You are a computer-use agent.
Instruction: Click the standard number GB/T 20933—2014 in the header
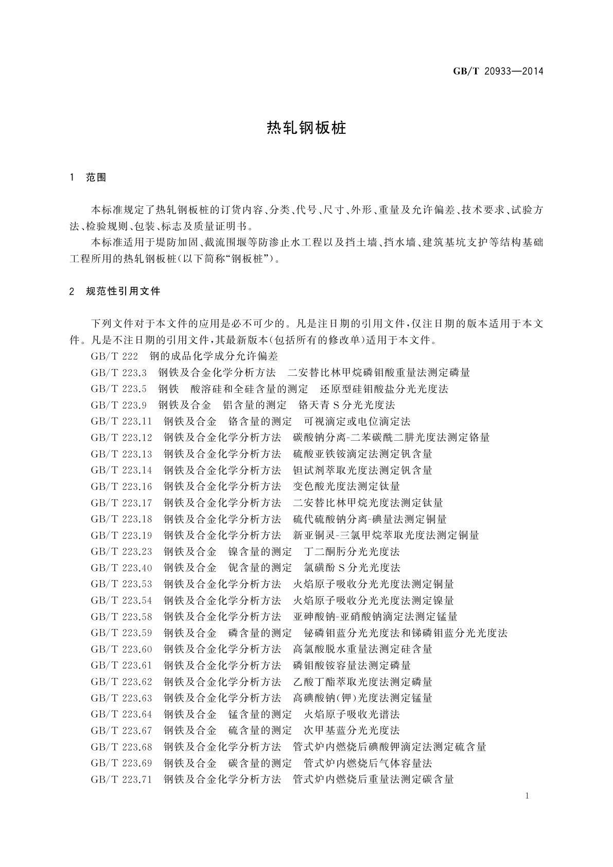[498, 71]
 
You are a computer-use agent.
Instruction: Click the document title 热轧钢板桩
[306, 128]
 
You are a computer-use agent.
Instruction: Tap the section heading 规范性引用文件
[124, 291]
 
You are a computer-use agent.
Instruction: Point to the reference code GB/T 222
[114, 356]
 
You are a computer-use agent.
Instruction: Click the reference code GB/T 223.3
[118, 372]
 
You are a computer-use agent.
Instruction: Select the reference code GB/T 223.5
[118, 389]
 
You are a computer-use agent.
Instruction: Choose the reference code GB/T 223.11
[121, 421]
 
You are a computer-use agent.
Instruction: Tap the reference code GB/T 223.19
[121, 535]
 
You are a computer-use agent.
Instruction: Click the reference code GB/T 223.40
[121, 568]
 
